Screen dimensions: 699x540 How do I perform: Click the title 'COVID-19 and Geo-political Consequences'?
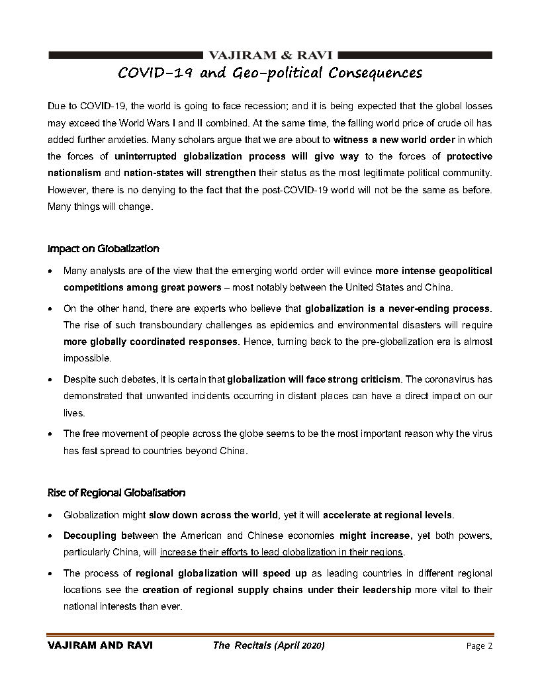[x=269, y=72]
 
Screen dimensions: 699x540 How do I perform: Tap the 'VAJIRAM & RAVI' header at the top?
[x=270, y=55]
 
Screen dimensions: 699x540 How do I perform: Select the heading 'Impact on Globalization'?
[x=103, y=249]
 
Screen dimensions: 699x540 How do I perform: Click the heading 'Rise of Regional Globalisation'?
[x=116, y=492]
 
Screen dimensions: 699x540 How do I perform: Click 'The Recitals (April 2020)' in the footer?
[x=269, y=646]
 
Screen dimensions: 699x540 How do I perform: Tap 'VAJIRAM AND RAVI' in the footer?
[x=100, y=646]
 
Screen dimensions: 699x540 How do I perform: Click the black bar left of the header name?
[x=126, y=55]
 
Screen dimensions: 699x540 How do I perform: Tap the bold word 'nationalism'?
[x=74, y=173]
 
